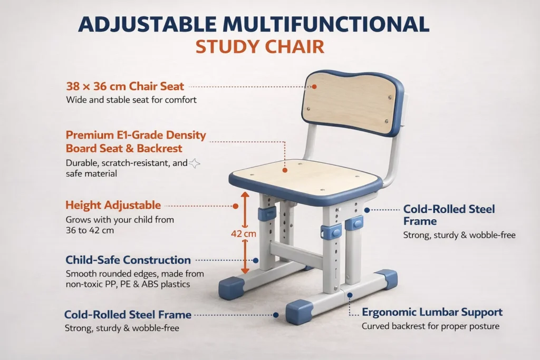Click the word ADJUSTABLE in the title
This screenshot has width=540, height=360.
pos(147,24)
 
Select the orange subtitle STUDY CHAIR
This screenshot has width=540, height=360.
pos(260,47)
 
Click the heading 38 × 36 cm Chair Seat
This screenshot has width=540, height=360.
pos(125,86)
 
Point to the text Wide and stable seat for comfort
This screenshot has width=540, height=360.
pos(131,100)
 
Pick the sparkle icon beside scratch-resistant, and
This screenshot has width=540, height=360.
pos(195,163)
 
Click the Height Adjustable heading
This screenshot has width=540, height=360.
pos(113,205)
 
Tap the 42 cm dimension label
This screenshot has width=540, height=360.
pos(244,233)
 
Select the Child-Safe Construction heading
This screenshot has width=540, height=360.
pos(128,260)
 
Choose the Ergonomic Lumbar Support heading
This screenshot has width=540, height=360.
pos(432,312)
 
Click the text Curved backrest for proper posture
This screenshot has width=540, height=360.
pos(430,326)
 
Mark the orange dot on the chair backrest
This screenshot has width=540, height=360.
pos(314,87)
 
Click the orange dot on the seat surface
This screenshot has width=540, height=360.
pos(285,170)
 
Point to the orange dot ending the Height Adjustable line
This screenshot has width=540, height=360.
pos(236,206)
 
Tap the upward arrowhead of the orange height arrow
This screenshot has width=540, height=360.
pos(245,195)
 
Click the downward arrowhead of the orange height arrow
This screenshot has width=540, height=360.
pos(245,270)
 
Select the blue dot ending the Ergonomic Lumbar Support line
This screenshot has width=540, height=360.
pos(350,295)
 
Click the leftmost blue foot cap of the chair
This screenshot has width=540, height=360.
pos(231,288)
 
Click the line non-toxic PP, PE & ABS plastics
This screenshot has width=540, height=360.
pos(128,284)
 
